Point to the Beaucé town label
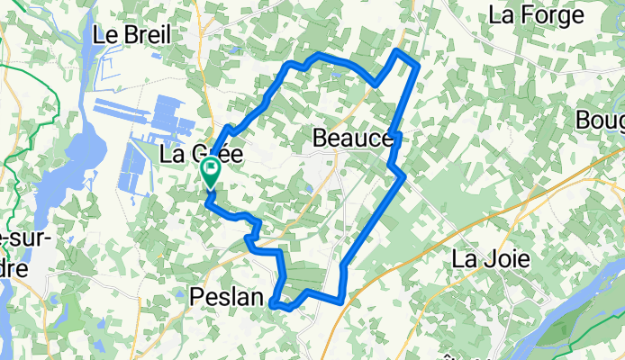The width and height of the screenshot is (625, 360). (353, 139)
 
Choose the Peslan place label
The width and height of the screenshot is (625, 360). (227, 295)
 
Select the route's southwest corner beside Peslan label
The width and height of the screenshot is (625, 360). (274, 303)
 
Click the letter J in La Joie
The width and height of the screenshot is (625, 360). (485, 259)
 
